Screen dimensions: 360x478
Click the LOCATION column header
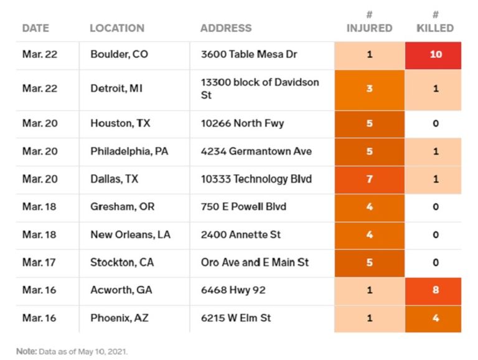point(117,28)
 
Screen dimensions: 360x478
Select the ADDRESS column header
point(226,28)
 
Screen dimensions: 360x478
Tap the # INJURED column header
point(369,22)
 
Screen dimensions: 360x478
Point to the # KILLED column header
point(435,22)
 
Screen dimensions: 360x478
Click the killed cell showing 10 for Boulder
point(435,54)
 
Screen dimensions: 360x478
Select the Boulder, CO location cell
point(119,54)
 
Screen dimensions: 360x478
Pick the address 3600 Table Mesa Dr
point(249,54)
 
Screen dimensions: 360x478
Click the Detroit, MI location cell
point(116,88)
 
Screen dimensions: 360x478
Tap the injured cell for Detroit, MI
point(369,88)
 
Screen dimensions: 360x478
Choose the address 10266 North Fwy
point(242,123)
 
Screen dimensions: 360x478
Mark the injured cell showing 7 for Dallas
point(369,179)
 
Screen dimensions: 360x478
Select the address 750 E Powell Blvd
point(243,207)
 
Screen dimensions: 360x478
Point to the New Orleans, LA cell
point(130,235)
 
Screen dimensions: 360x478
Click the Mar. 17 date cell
point(39,263)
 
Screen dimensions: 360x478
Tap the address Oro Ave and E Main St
point(255,263)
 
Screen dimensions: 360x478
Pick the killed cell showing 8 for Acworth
point(435,290)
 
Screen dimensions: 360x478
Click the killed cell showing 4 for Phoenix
point(435,318)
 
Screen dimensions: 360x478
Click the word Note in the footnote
point(26,351)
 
